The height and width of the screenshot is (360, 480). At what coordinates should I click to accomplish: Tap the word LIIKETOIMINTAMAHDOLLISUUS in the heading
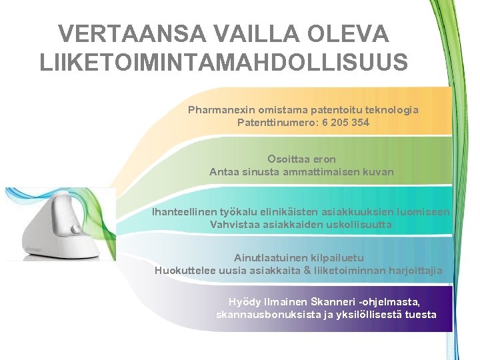(224, 61)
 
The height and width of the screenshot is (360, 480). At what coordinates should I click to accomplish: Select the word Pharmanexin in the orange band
(219, 110)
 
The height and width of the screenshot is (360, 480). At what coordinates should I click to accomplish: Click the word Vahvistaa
(234, 225)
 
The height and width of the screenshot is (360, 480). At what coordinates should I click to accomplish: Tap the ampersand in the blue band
(307, 270)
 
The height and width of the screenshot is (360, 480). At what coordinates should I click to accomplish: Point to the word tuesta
(421, 315)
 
